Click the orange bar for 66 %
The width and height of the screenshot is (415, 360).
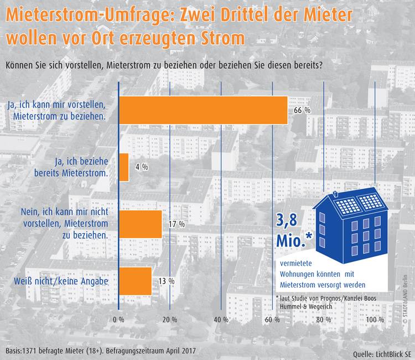204,110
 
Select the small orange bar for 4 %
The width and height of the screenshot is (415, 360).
124,167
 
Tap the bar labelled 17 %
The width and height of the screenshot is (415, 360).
141,224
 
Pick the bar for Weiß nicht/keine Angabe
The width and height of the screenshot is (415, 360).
136,281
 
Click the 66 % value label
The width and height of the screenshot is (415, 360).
302,111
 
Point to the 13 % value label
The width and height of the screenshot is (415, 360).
166,281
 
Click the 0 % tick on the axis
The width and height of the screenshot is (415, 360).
118,320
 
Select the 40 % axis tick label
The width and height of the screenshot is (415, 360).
221,320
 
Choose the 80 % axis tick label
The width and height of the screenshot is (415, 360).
324,320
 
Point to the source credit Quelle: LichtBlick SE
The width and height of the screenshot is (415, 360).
381,353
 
